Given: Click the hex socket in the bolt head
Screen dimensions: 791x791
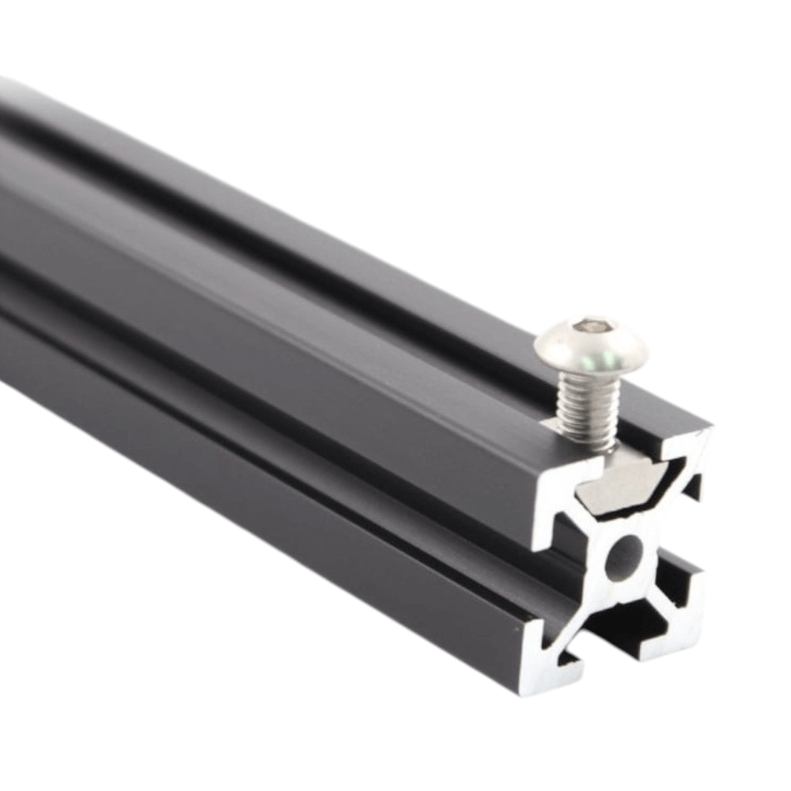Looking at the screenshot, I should (594, 325).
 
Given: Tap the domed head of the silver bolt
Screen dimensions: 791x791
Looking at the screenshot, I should (591, 343).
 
